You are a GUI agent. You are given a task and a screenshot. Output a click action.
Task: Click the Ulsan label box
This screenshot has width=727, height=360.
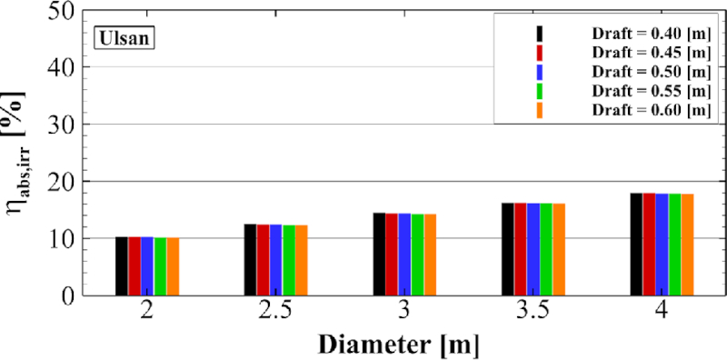(126, 39)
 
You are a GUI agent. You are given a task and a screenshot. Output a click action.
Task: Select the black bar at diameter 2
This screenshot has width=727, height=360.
(122, 265)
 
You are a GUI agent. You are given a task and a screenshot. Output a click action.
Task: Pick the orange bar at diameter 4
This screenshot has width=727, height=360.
(688, 245)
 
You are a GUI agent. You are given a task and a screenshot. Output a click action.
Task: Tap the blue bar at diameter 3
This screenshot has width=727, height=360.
(404, 254)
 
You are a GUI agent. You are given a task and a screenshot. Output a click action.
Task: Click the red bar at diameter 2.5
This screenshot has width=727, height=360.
(263, 259)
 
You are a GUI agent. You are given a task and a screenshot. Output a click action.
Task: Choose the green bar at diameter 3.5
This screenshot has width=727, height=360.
(545, 249)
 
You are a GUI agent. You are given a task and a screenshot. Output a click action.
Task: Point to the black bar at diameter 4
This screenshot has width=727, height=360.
(636, 244)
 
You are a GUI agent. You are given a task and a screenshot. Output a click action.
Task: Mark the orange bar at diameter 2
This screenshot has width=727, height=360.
(173, 265)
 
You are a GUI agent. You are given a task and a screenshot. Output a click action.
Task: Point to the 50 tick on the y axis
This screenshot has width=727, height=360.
(71, 12)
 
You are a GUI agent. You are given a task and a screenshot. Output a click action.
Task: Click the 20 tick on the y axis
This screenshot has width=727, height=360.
(71, 182)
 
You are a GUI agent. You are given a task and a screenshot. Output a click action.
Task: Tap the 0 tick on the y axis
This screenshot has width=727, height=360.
(78, 295)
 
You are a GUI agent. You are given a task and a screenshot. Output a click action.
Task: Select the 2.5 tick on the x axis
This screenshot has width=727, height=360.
(274, 313)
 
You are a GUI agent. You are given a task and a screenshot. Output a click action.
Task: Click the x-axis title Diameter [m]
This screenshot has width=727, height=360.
(398, 345)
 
